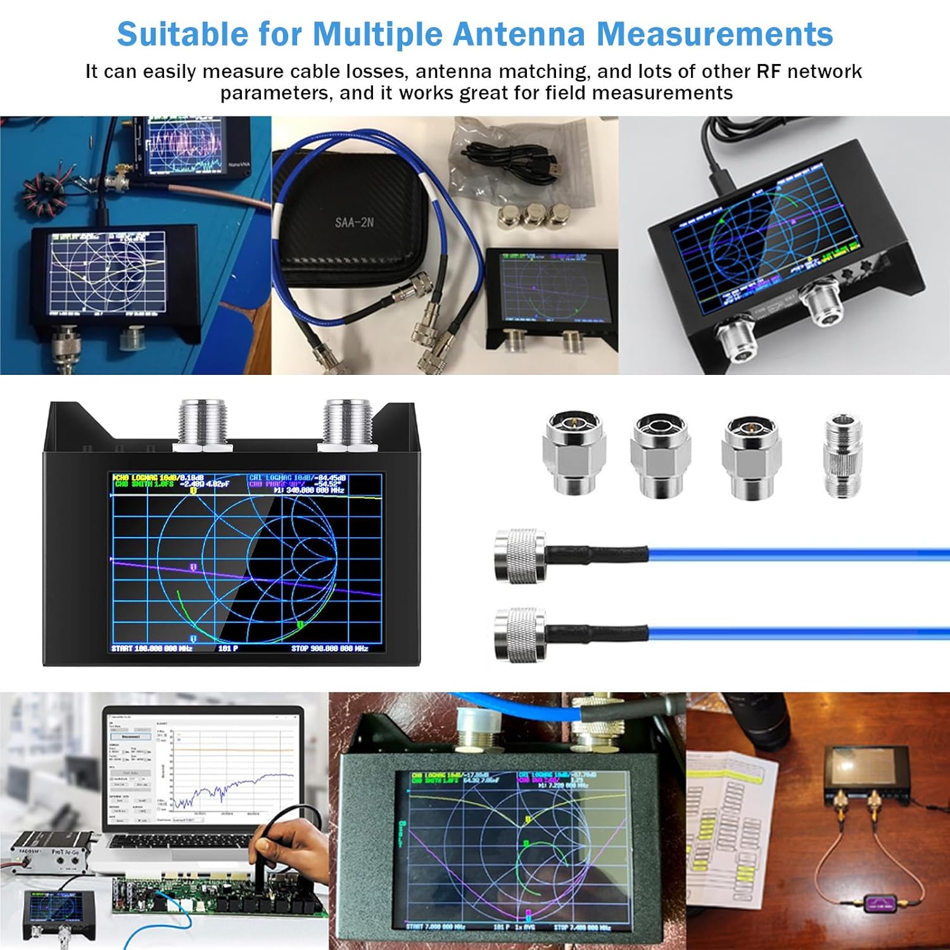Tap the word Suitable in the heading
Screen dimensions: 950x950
tap(182, 34)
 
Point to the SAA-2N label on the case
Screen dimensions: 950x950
tap(354, 223)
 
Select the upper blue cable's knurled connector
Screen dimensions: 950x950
tap(521, 556)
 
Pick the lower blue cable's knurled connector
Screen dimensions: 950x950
tap(521, 635)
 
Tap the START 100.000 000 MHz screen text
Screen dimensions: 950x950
tap(152, 649)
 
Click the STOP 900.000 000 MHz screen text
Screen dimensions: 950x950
tap(329, 649)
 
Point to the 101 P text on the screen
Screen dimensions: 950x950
tap(228, 649)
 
